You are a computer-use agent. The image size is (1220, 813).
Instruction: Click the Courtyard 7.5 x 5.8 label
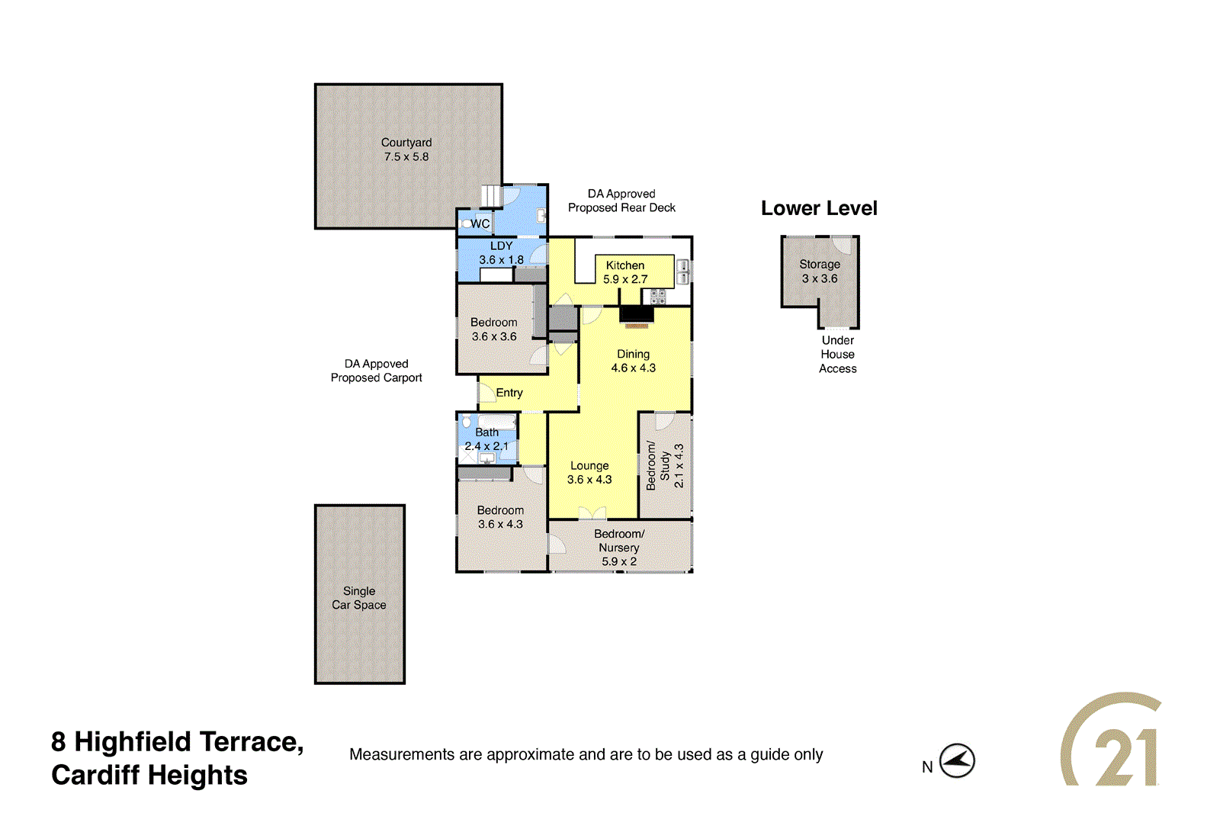406,149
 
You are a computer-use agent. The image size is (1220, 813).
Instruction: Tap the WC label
480,223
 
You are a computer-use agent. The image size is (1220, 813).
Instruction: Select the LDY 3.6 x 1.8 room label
501,252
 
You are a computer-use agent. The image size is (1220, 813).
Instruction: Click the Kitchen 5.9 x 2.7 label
625,272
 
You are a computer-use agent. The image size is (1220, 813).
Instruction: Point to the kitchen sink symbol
683,272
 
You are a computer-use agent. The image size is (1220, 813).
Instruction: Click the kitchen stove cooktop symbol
658,297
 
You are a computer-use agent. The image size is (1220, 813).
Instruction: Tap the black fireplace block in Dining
637,314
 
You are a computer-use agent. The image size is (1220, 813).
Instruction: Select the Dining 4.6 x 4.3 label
633,361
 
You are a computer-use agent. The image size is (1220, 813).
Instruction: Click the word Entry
509,393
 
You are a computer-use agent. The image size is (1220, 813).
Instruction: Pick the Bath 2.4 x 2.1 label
486,439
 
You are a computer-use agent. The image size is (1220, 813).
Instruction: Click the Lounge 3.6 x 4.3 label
589,472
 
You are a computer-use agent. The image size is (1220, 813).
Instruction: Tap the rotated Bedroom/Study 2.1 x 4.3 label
665,465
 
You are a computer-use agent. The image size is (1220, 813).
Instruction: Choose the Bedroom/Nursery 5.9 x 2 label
619,548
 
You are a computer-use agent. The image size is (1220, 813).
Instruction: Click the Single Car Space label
359,598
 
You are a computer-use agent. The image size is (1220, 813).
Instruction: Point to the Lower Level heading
819,208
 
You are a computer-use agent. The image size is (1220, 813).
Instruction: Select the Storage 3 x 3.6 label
820,272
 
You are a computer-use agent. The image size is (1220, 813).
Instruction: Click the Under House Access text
837,355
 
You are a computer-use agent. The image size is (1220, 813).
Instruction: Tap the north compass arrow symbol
957,760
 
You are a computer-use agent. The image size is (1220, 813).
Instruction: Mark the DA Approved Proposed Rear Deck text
621,201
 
